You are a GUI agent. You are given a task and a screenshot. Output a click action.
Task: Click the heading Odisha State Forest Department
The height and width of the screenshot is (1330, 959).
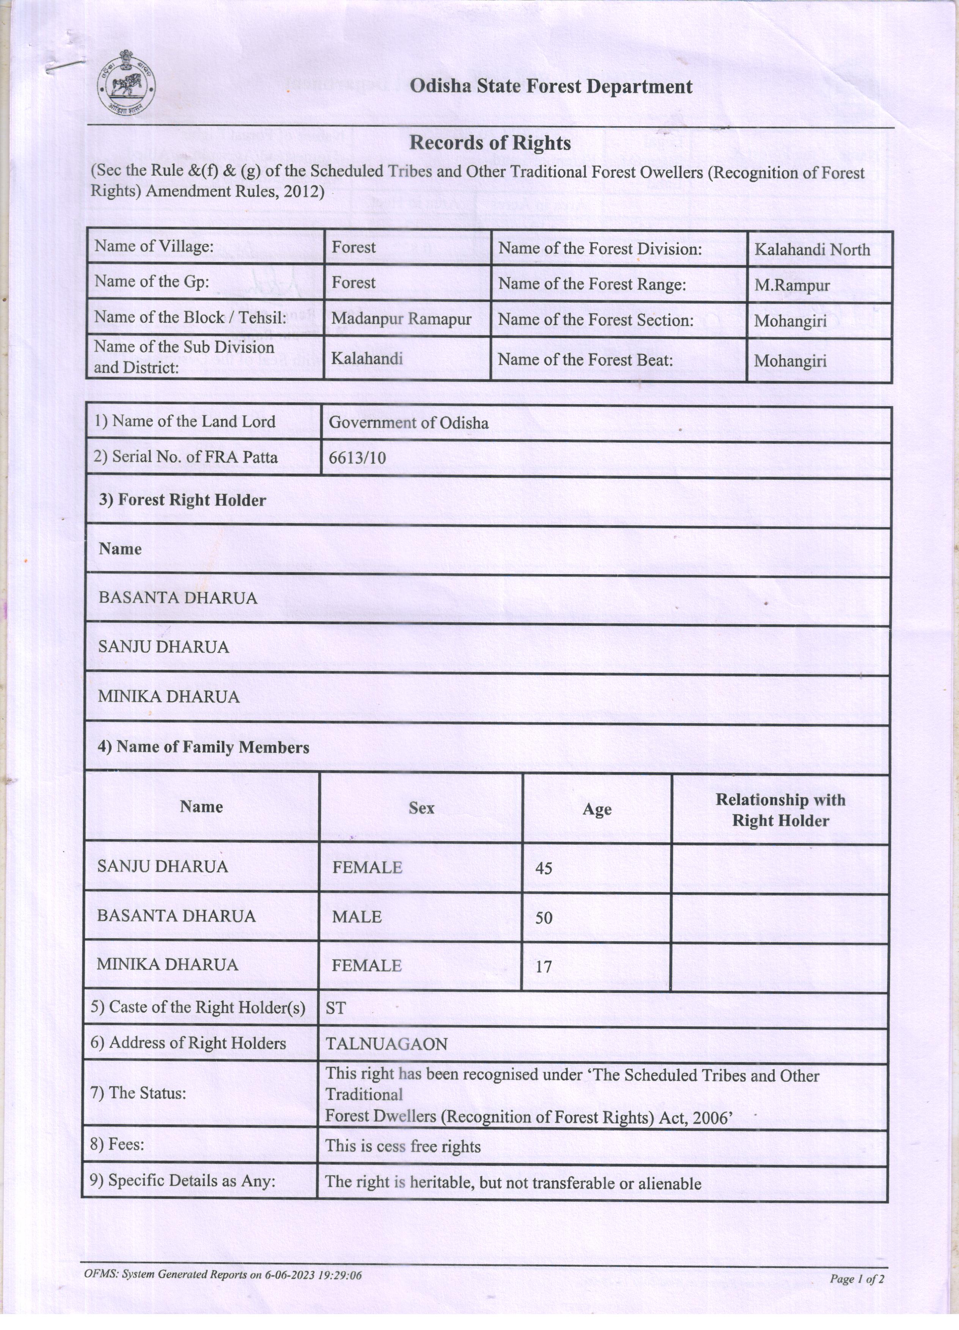[x=550, y=87]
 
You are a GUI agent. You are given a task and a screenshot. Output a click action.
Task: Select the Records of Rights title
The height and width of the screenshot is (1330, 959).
[x=490, y=143]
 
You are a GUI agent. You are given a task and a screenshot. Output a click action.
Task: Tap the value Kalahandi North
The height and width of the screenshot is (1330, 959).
[x=812, y=250]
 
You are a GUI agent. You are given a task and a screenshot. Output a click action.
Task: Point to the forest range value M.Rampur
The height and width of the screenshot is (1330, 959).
[x=792, y=286]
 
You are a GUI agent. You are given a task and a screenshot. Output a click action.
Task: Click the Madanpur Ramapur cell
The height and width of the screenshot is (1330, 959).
[x=401, y=319]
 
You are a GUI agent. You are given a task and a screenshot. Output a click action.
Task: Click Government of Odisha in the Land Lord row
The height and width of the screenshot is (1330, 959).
[x=408, y=423]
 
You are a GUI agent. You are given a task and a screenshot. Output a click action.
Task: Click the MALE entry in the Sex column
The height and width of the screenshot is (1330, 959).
[x=357, y=917]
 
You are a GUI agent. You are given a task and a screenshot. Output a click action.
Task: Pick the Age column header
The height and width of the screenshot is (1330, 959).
[x=596, y=810]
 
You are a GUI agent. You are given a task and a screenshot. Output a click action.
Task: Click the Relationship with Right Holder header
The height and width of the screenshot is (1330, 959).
[x=780, y=810]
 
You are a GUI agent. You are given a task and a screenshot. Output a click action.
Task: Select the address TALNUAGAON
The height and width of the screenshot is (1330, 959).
[x=387, y=1044]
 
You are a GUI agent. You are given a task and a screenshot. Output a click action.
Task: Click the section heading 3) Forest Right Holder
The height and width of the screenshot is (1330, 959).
[x=182, y=500]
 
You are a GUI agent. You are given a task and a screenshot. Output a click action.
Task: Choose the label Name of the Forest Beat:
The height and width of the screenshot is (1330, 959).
[x=585, y=360]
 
